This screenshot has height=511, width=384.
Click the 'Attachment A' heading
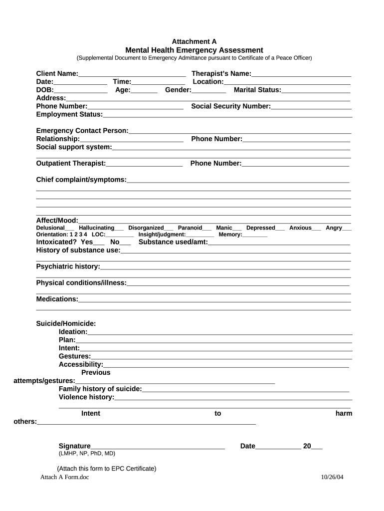(x=194, y=42)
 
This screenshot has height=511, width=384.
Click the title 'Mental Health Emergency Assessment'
(x=194, y=50)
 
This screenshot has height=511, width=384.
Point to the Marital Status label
(x=257, y=90)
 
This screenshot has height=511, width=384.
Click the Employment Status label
(x=69, y=115)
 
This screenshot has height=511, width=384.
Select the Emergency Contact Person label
(x=82, y=131)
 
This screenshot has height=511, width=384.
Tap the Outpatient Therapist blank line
(x=144, y=164)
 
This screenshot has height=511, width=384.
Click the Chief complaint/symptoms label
(x=81, y=180)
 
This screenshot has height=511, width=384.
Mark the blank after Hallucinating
(x=119, y=228)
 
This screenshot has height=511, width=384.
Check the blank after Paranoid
(x=207, y=228)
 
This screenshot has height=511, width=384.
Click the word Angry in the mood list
(x=334, y=228)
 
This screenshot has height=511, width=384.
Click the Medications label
(x=57, y=299)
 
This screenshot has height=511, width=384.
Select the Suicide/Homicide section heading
(x=66, y=324)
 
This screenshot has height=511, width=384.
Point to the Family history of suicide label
(x=100, y=389)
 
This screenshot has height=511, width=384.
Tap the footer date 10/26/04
(x=332, y=477)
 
